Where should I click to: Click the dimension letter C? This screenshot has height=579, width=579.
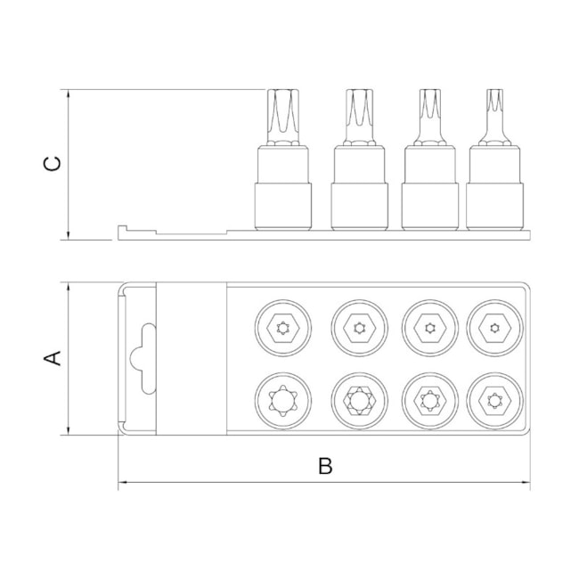coord(52,164)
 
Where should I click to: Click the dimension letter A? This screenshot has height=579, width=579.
coord(52,358)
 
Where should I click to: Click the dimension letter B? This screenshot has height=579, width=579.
coord(325,466)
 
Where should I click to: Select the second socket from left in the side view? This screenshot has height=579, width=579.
coord(359,188)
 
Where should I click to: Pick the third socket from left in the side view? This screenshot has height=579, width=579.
coord(430,188)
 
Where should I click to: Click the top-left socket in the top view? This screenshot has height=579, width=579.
coord(283,328)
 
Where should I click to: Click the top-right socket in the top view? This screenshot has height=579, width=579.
coord(494,328)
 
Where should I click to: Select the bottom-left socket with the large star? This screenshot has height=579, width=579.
coord(283,401)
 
